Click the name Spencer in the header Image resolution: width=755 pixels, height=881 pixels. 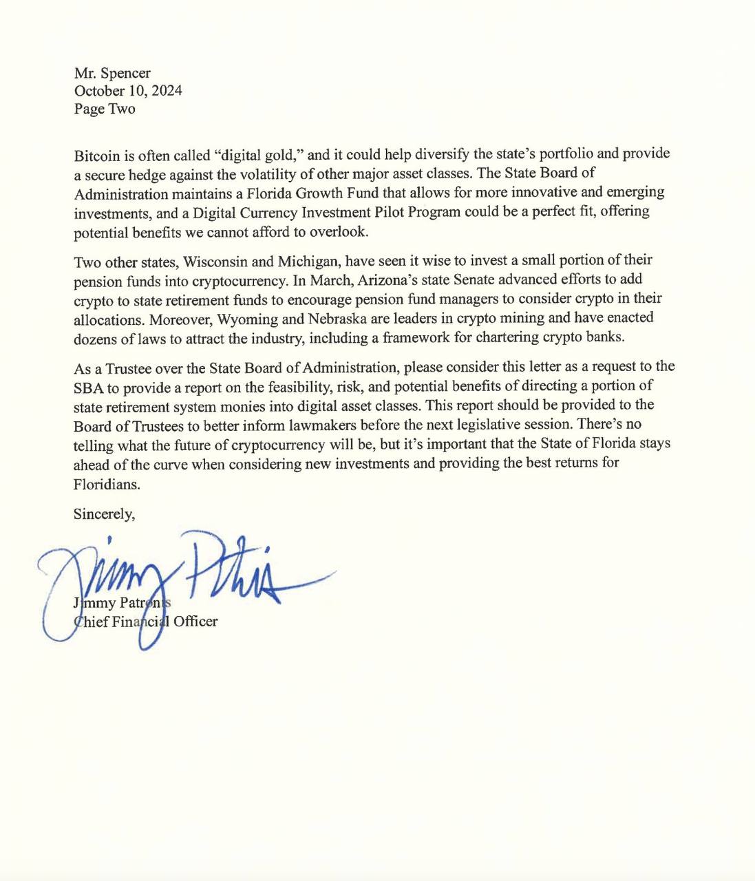pos(125,73)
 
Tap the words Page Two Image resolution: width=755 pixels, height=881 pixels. pos(105,109)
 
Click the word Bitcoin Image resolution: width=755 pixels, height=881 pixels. pos(97,153)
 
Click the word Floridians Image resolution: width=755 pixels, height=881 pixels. pos(107,483)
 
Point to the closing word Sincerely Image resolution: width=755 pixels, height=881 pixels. pos(104,514)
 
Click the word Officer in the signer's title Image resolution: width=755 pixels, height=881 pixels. pos(195,622)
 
